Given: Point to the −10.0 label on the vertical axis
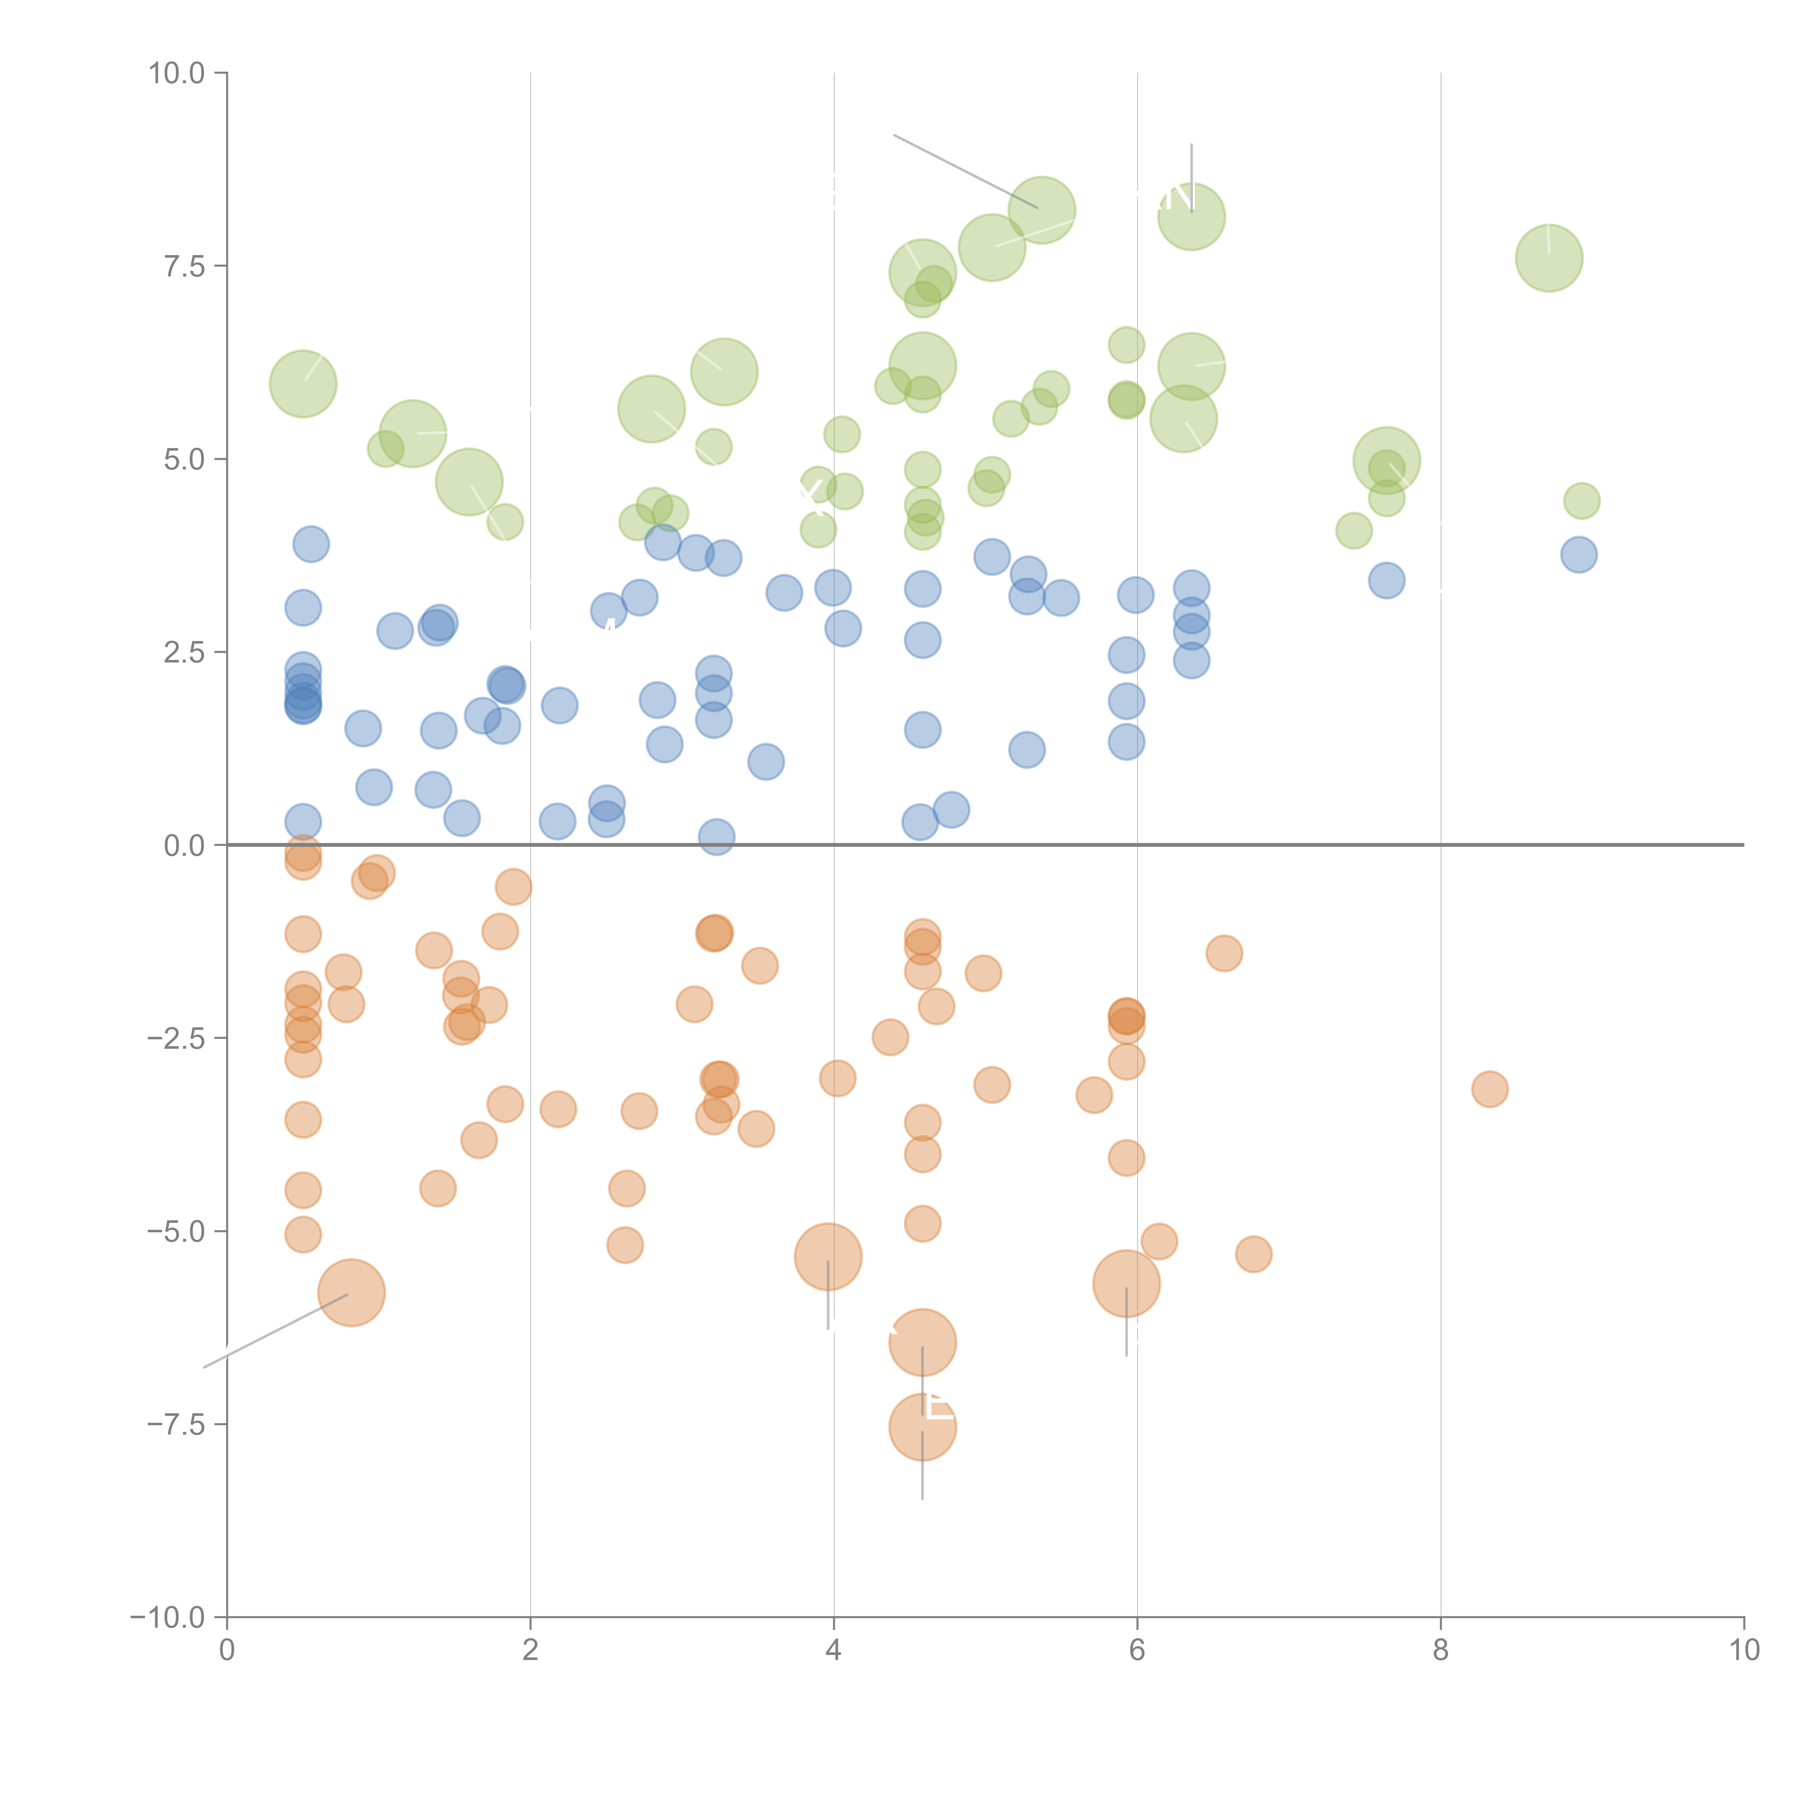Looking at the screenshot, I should pyautogui.click(x=168, y=1617).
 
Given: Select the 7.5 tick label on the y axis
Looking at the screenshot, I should pyautogui.click(x=184, y=266).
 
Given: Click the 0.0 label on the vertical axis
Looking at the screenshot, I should pyautogui.click(x=184, y=846).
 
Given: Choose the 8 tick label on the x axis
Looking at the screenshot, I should pyautogui.click(x=1441, y=1651).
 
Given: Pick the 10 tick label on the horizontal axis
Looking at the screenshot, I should pyautogui.click(x=1744, y=1651).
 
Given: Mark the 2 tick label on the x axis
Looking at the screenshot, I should pyautogui.click(x=531, y=1651).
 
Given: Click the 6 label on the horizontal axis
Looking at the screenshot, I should pyautogui.click(x=1137, y=1651).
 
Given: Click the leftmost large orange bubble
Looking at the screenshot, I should pyautogui.click(x=352, y=1292).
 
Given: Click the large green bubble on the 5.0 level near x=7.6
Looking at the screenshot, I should pyautogui.click(x=1386, y=461).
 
